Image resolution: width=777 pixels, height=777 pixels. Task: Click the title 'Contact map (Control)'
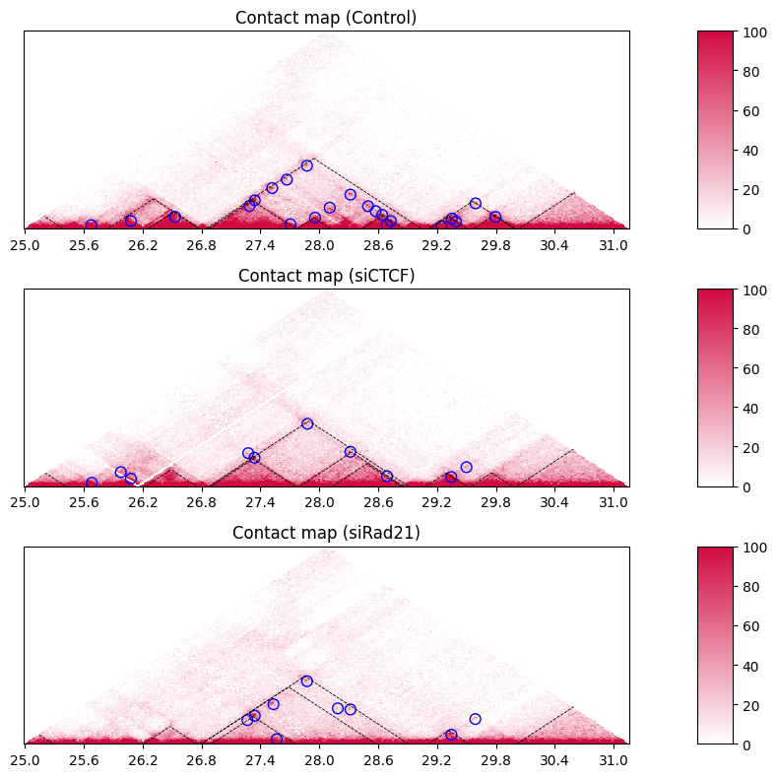click(x=326, y=18)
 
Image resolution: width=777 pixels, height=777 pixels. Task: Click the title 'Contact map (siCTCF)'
click(x=326, y=276)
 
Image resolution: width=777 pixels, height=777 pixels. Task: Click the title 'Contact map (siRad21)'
click(x=326, y=533)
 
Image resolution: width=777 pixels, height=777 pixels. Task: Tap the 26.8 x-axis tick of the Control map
click(x=201, y=245)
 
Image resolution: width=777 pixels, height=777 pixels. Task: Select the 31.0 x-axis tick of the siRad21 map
click(x=614, y=760)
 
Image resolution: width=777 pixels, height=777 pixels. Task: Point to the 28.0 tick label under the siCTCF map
click(x=319, y=502)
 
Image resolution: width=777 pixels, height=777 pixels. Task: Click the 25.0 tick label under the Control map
click(x=25, y=245)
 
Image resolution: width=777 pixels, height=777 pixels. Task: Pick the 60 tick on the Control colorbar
click(x=751, y=111)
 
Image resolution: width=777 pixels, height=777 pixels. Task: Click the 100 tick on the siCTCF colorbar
click(x=755, y=291)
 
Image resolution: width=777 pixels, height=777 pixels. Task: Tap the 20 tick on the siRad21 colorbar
click(x=751, y=706)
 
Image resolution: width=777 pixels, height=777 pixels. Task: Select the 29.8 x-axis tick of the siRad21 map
click(x=495, y=760)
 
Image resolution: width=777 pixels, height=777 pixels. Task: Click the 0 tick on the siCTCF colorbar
click(x=747, y=487)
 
